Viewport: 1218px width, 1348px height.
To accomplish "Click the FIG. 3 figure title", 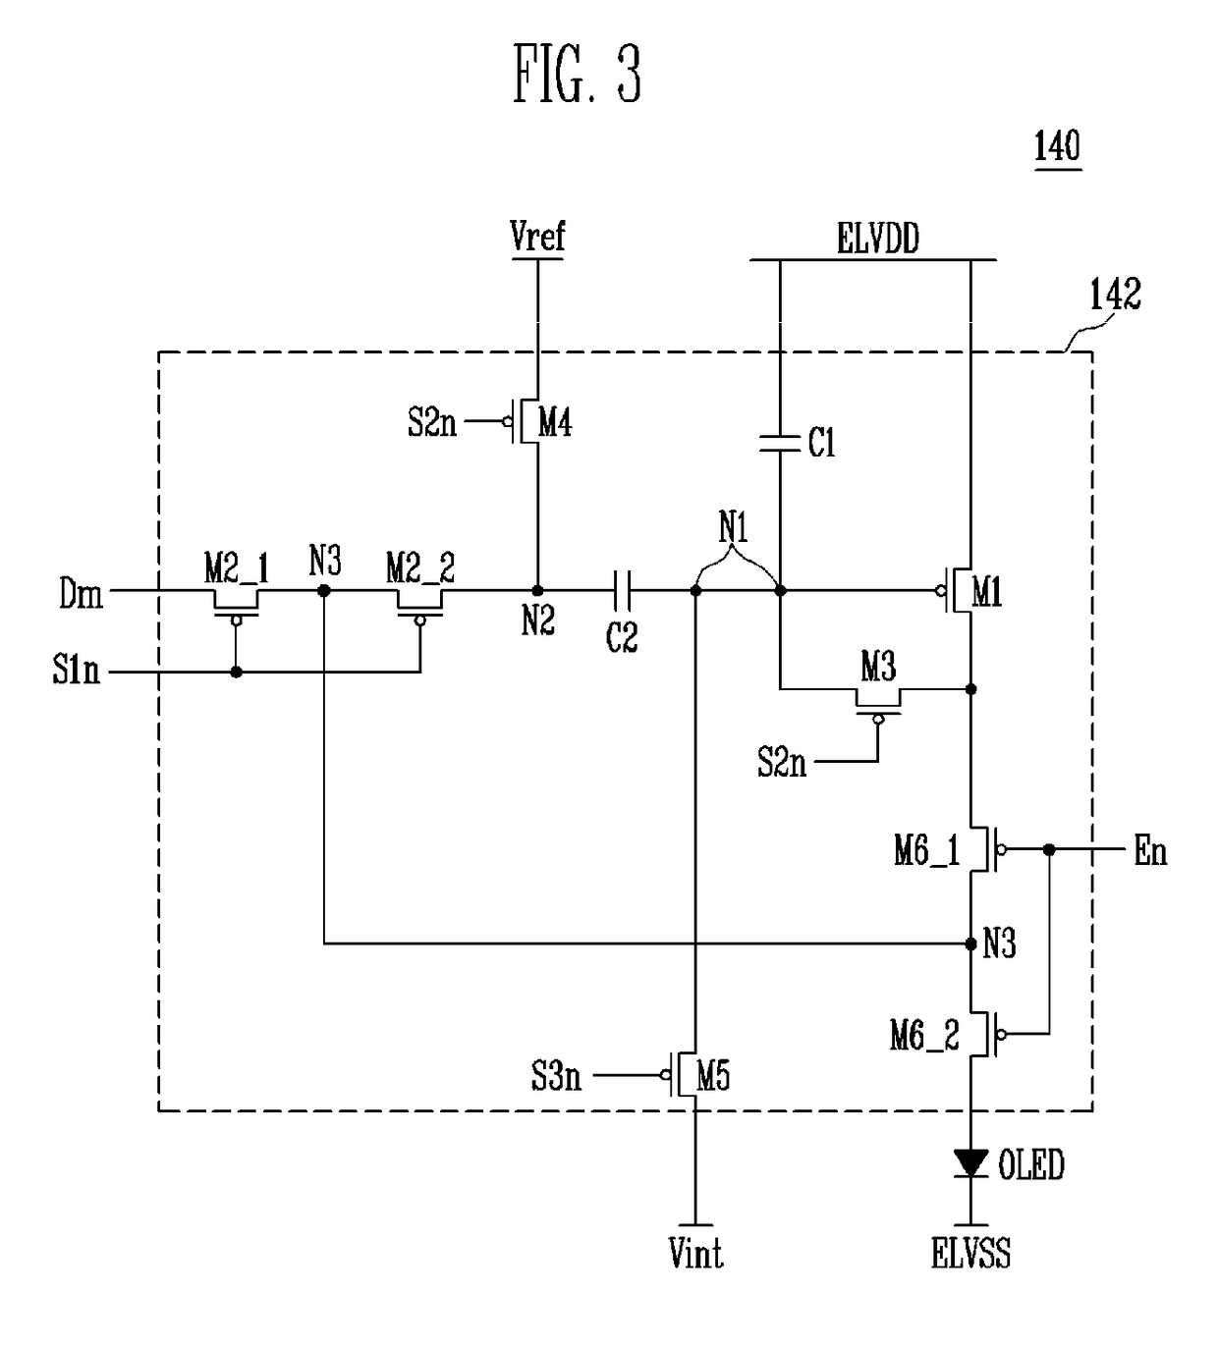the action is (577, 74).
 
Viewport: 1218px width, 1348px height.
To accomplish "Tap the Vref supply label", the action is (537, 236).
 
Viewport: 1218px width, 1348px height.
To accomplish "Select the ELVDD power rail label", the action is (878, 239).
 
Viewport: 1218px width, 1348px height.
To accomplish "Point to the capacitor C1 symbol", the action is (780, 444).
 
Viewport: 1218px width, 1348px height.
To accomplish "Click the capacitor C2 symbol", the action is (622, 591).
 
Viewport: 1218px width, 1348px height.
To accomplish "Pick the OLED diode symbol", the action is (970, 1163).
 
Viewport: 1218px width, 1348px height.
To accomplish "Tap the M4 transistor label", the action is (556, 424).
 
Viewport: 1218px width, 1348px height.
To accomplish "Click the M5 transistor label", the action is (713, 1077).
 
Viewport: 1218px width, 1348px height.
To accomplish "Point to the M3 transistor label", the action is (878, 668).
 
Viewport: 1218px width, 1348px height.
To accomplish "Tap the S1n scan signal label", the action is (76, 671).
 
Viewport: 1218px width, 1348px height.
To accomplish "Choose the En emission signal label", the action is (1150, 851).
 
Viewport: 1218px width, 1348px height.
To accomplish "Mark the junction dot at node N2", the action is (537, 591).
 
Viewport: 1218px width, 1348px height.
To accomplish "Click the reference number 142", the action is (1115, 295).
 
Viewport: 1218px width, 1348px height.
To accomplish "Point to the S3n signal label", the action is (556, 1077).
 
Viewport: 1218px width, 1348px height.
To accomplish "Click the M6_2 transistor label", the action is (924, 1036).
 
